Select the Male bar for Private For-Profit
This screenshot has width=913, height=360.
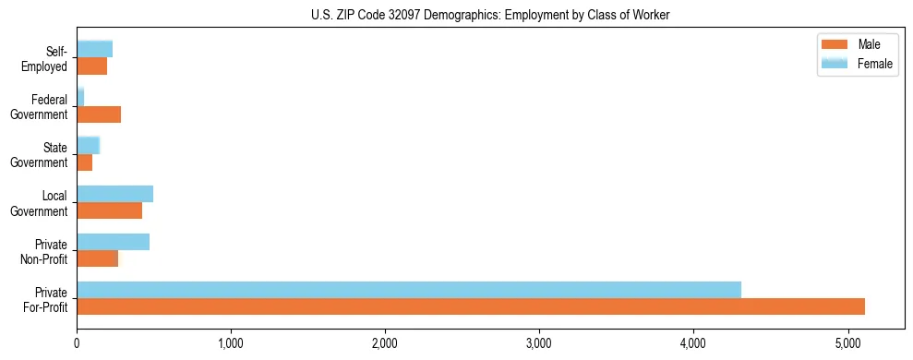pyautogui.click(x=471, y=306)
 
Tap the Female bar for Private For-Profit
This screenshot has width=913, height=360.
pyautogui.click(x=409, y=290)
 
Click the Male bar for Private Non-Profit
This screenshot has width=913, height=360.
pyautogui.click(x=97, y=258)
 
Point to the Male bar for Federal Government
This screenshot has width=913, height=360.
pyautogui.click(x=99, y=114)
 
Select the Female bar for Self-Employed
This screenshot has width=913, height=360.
pyautogui.click(x=94, y=49)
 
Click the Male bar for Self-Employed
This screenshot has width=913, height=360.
pyautogui.click(x=91, y=66)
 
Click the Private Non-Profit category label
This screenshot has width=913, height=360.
pyautogui.click(x=46, y=251)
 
